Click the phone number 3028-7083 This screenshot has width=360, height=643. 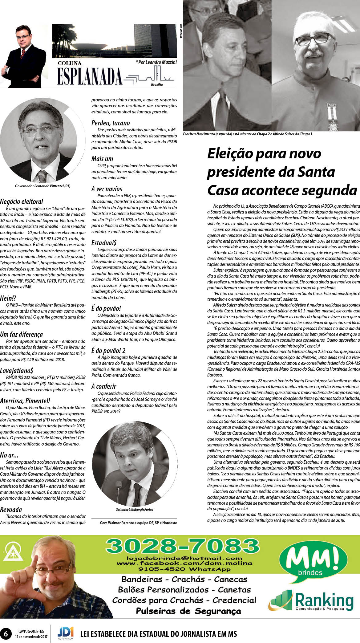point(182,546)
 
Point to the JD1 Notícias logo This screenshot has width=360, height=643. point(66,633)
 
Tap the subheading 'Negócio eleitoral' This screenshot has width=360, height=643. point(22,202)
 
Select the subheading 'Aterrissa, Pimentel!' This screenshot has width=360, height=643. point(25,401)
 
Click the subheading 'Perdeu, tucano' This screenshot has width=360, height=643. point(111,123)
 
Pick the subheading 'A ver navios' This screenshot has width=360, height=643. point(107,189)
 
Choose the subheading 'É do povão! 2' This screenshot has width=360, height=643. point(108,351)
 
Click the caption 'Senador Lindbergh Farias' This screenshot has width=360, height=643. point(132,510)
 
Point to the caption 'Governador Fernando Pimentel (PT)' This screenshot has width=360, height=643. point(42,186)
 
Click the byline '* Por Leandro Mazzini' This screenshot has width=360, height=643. point(156,62)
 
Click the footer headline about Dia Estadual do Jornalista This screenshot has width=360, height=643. point(158,634)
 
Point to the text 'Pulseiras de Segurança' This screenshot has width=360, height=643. point(188,611)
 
